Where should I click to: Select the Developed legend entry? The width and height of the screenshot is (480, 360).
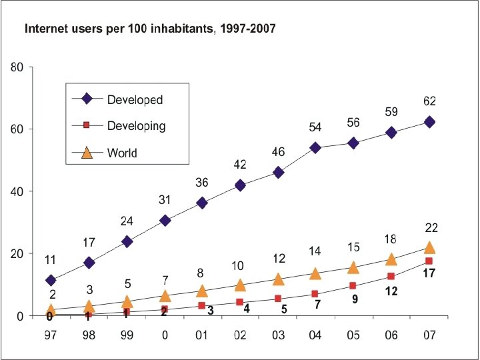[135, 99]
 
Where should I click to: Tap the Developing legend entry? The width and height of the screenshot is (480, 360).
[136, 125]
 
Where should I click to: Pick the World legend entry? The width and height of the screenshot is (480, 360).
[122, 153]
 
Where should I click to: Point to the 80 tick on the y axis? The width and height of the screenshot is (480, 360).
[17, 67]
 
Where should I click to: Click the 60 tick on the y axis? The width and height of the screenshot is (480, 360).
[17, 129]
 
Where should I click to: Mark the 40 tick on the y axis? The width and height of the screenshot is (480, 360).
[17, 191]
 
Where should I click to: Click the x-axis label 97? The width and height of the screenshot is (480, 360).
[51, 335]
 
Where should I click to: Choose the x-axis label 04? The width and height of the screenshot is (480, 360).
[315, 335]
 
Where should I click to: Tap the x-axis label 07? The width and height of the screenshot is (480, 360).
[429, 335]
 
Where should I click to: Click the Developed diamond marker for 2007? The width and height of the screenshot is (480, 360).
[429, 122]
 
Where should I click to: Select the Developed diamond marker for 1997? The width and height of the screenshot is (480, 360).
[51, 281]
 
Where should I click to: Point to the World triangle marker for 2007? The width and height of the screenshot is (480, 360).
[429, 247]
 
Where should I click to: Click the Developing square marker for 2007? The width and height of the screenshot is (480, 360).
[429, 261]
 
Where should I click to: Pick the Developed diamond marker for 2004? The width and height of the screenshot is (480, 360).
[315, 147]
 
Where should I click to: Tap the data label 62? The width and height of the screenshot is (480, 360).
[429, 101]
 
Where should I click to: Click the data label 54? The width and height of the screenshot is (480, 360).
[315, 127]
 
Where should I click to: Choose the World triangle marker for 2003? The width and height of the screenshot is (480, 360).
[278, 279]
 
